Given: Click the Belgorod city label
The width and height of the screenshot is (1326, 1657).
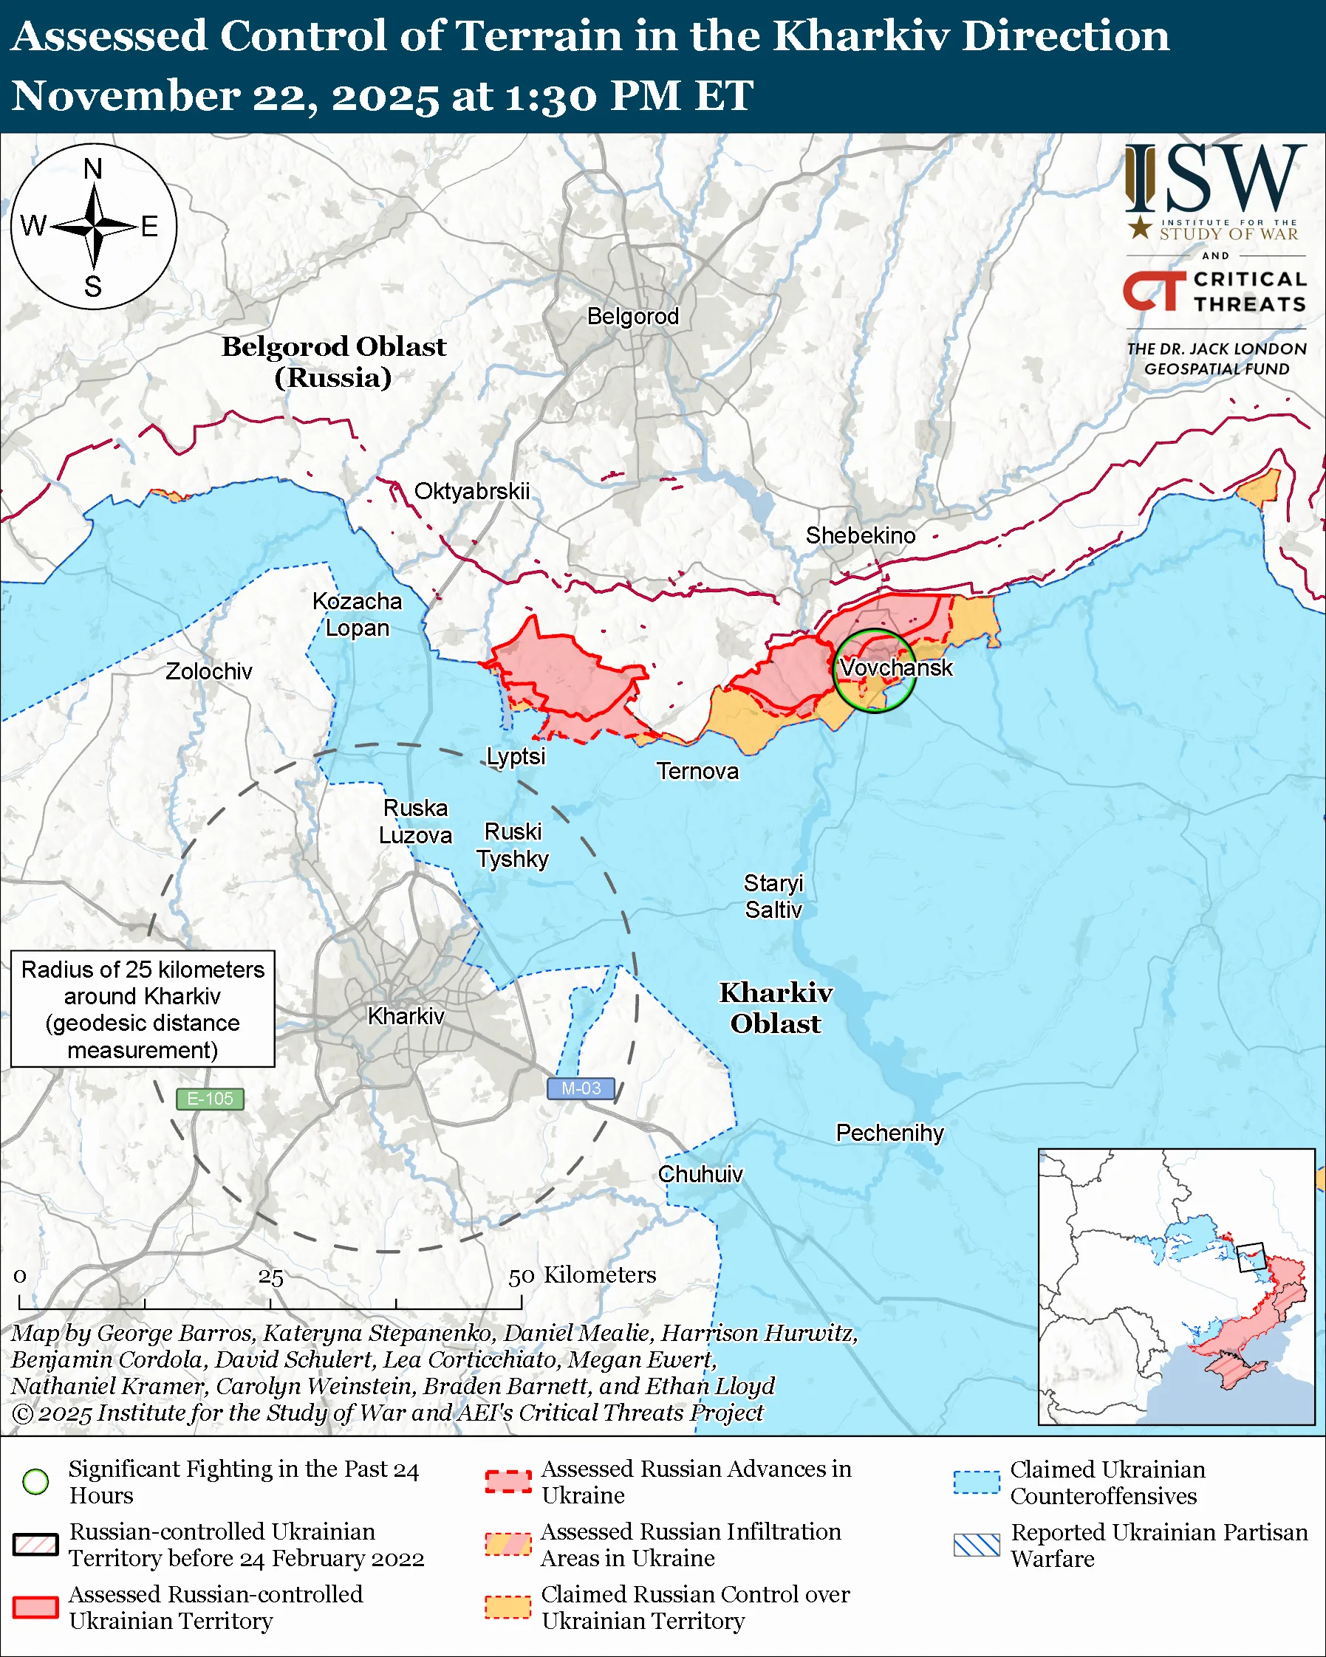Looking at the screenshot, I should click(x=632, y=316).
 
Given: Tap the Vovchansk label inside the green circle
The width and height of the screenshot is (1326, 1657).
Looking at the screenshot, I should click(x=895, y=667).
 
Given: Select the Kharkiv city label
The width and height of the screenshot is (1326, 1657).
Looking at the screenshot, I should click(x=406, y=1016).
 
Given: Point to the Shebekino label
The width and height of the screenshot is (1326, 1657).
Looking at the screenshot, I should click(x=860, y=535).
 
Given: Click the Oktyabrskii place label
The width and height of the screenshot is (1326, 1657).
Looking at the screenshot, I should click(x=472, y=491).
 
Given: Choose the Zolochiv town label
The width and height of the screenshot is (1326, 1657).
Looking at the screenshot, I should click(x=208, y=671).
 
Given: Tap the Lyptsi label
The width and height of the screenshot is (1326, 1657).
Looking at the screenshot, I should click(x=516, y=756).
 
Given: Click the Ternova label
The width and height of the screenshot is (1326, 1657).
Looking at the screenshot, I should click(x=697, y=771).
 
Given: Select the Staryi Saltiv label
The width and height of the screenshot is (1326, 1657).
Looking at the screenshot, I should click(x=773, y=896).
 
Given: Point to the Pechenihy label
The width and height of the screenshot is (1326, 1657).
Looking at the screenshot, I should click(x=889, y=1133).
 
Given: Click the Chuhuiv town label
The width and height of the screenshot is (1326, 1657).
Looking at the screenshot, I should click(x=700, y=1174).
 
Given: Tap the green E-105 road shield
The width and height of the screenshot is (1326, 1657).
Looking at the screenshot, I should click(x=210, y=1099).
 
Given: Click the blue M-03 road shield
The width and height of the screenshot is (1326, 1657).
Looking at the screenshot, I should click(x=581, y=1088).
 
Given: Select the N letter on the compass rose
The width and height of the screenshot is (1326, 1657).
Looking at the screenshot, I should click(x=93, y=168).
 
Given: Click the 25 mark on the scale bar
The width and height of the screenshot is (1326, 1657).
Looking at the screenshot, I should click(x=270, y=1277).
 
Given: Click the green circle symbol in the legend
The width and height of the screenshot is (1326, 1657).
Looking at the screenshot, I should click(x=36, y=1481).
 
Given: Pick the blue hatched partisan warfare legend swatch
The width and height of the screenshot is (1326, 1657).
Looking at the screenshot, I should click(x=977, y=1545).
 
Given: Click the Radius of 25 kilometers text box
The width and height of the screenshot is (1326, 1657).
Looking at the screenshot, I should click(x=143, y=1009).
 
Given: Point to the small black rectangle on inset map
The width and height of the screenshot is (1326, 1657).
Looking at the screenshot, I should click(x=1251, y=1258).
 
